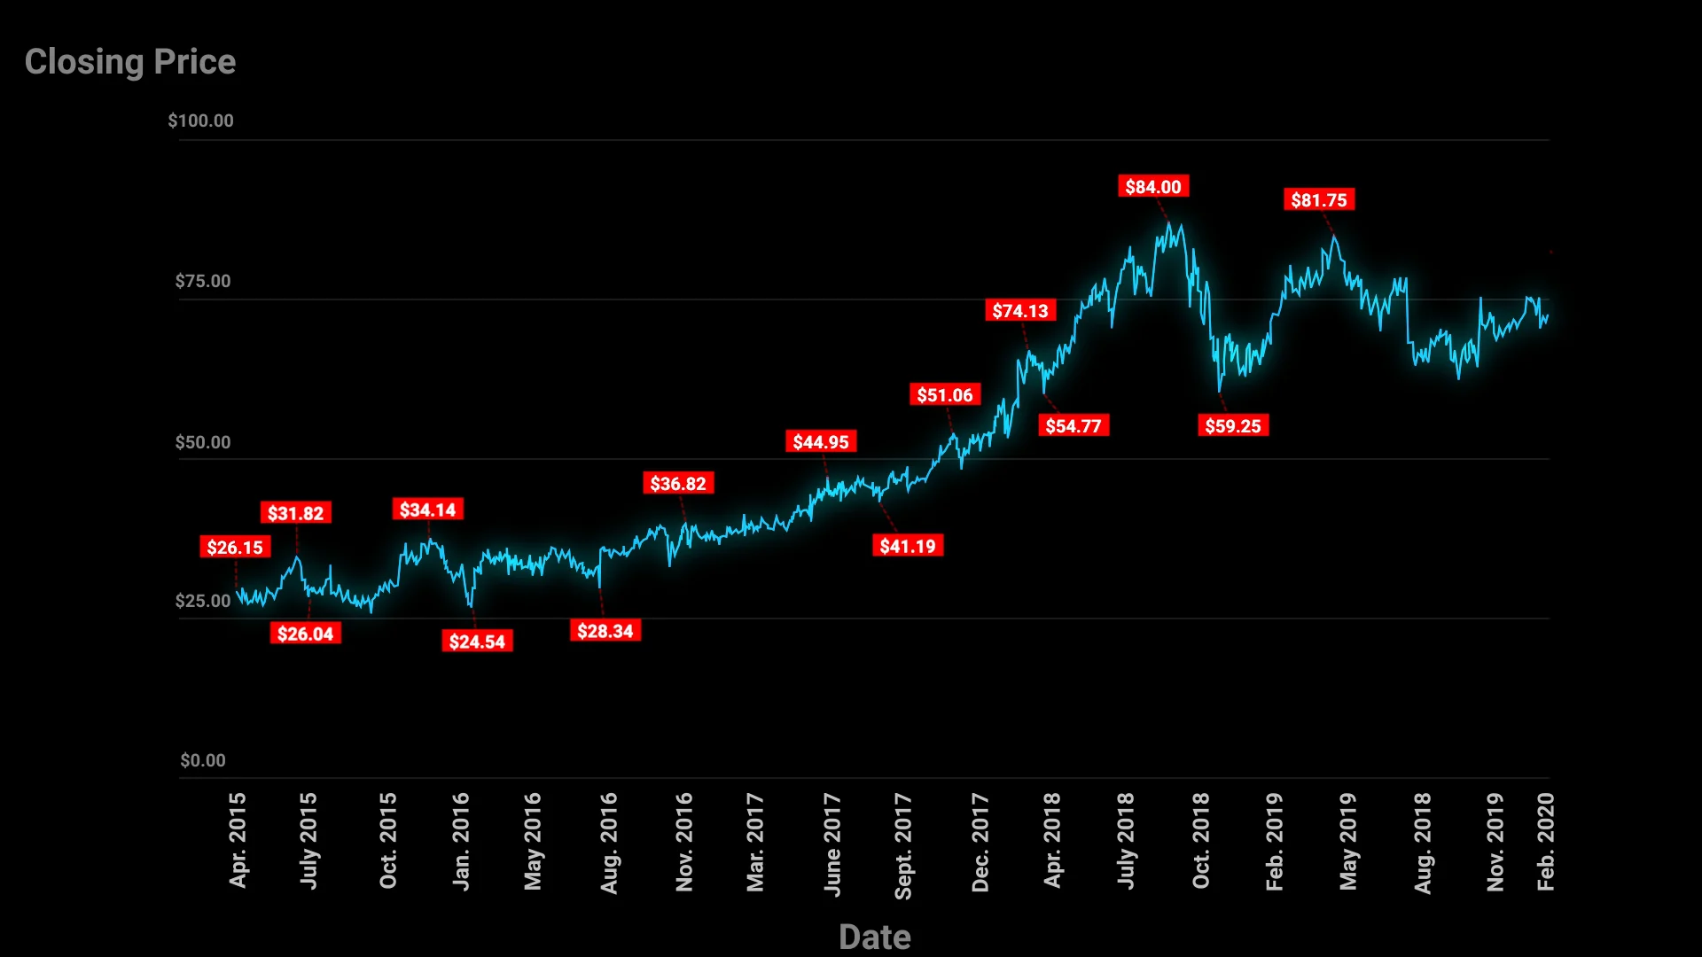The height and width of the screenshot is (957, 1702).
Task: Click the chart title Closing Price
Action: tap(130, 62)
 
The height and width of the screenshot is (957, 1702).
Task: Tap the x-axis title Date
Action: tap(874, 937)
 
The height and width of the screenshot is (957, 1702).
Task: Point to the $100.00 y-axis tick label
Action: tap(201, 121)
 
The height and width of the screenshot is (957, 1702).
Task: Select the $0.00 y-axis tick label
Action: tap(203, 760)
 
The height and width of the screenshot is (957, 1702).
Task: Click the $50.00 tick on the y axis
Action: tap(203, 442)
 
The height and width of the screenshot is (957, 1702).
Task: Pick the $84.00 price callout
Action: tap(1152, 186)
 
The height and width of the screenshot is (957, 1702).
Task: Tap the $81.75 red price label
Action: tap(1318, 199)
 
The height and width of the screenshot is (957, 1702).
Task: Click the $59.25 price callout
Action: tap(1232, 426)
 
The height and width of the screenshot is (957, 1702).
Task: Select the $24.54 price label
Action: tap(477, 642)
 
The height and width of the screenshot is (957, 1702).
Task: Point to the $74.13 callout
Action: tap(1020, 311)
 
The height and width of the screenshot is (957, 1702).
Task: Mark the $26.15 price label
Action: tap(235, 548)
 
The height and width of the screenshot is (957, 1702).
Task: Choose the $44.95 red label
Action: tap(821, 441)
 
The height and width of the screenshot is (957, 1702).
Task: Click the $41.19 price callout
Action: tap(908, 546)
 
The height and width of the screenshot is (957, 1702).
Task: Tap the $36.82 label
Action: tap(678, 484)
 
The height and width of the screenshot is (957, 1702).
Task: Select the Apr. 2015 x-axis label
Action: tap(238, 840)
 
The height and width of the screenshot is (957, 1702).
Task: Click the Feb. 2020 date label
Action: tap(1545, 842)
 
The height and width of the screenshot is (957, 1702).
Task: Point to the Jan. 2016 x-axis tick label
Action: tap(461, 841)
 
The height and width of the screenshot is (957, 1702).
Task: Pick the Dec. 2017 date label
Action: tap(980, 842)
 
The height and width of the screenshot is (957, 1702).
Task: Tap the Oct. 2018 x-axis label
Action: tap(1200, 841)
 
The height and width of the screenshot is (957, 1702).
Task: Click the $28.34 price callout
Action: tap(605, 631)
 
